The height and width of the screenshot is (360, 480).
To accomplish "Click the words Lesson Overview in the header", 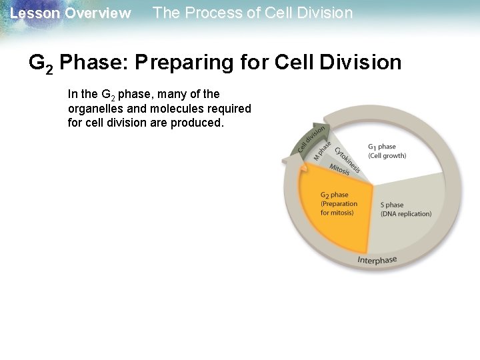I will click(71, 13).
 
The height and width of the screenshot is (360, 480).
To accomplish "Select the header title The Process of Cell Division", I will click(253, 13).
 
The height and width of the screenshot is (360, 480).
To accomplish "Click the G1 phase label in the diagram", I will click(382, 147).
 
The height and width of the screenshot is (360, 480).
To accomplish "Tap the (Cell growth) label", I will click(387, 155).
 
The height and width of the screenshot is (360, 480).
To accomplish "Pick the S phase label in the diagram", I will click(392, 205).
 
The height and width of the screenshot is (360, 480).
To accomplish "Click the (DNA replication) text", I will click(405, 214).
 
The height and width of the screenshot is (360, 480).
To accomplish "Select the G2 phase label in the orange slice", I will click(334, 195).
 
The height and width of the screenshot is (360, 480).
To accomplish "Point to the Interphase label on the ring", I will click(377, 260).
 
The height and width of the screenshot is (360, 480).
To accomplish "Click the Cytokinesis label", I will click(347, 159).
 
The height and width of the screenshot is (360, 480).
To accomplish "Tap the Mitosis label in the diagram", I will click(339, 171).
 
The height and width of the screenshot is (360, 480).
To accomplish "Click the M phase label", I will click(322, 149).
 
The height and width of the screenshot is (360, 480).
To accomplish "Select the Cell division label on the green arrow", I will click(311, 138).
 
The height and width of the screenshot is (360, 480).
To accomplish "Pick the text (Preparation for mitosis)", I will click(339, 208).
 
